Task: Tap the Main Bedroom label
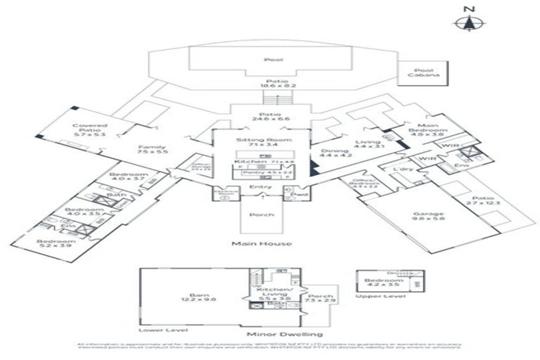(432, 129)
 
